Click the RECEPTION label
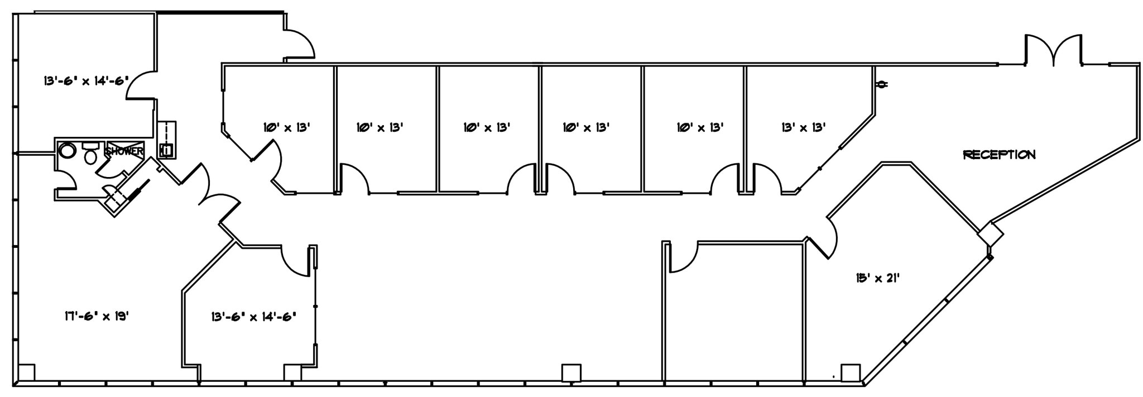click(x=999, y=155)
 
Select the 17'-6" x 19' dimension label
click(x=97, y=316)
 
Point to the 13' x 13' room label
click(x=803, y=127)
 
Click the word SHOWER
click(x=124, y=151)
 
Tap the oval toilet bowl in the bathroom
click(x=90, y=157)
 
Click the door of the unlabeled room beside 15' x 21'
click(x=683, y=258)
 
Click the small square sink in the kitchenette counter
click(x=166, y=150)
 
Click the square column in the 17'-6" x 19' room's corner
click(x=26, y=372)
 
